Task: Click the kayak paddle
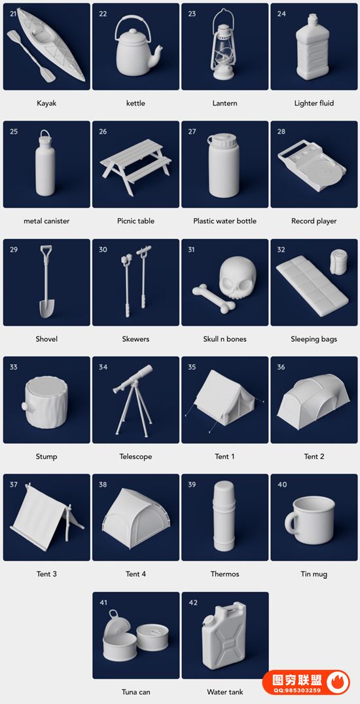[31, 56]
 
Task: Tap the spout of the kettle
[156, 53]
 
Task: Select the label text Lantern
[225, 103]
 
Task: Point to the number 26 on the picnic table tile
[103, 132]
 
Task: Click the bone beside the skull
[213, 298]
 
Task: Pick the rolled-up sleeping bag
[338, 262]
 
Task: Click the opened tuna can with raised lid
[118, 633]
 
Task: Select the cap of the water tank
[208, 620]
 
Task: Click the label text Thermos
[225, 574]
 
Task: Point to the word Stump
[46, 456]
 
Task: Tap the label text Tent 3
[46, 574]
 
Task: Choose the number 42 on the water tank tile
[193, 602]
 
